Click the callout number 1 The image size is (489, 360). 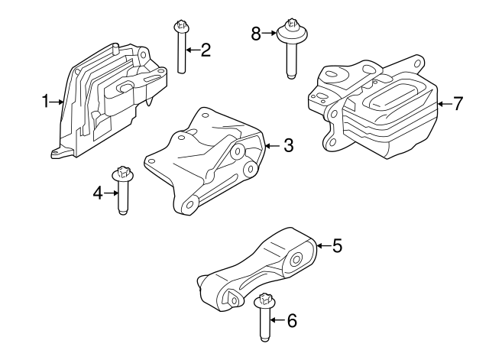(x=45, y=101)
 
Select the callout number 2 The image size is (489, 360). (x=205, y=51)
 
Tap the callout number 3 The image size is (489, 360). (x=288, y=144)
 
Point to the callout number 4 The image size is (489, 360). (x=98, y=194)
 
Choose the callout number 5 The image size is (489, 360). (x=336, y=245)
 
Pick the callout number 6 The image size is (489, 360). (x=290, y=321)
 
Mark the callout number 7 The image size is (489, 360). (x=458, y=104)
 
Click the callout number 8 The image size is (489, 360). (x=256, y=33)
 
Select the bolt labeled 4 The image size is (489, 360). (x=121, y=191)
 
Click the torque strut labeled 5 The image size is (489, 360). (x=260, y=268)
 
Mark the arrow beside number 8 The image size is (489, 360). (x=270, y=33)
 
